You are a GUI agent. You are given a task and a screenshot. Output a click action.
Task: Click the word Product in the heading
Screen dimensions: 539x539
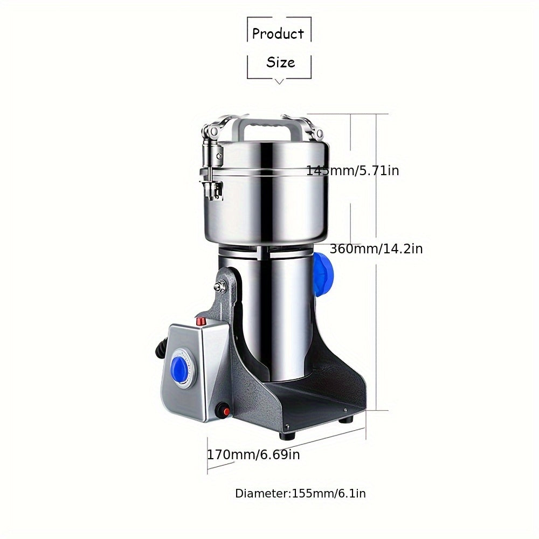pyautogui.click(x=278, y=33)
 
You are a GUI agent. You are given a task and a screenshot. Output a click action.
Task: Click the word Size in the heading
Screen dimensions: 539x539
pyautogui.click(x=280, y=62)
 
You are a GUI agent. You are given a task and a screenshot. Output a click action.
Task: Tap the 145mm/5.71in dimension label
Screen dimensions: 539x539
pyautogui.click(x=353, y=170)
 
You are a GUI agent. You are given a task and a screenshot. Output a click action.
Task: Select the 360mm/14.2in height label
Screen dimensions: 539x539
pyautogui.click(x=376, y=248)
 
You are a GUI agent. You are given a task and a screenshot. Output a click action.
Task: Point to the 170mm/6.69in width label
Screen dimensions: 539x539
pyautogui.click(x=253, y=454)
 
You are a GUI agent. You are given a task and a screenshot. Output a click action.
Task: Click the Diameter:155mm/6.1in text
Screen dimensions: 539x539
pyautogui.click(x=300, y=494)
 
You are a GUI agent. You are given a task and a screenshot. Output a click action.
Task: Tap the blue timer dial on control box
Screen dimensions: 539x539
pyautogui.click(x=178, y=365)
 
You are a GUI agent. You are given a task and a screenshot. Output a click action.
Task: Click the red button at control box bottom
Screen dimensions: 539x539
pyautogui.click(x=226, y=411)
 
